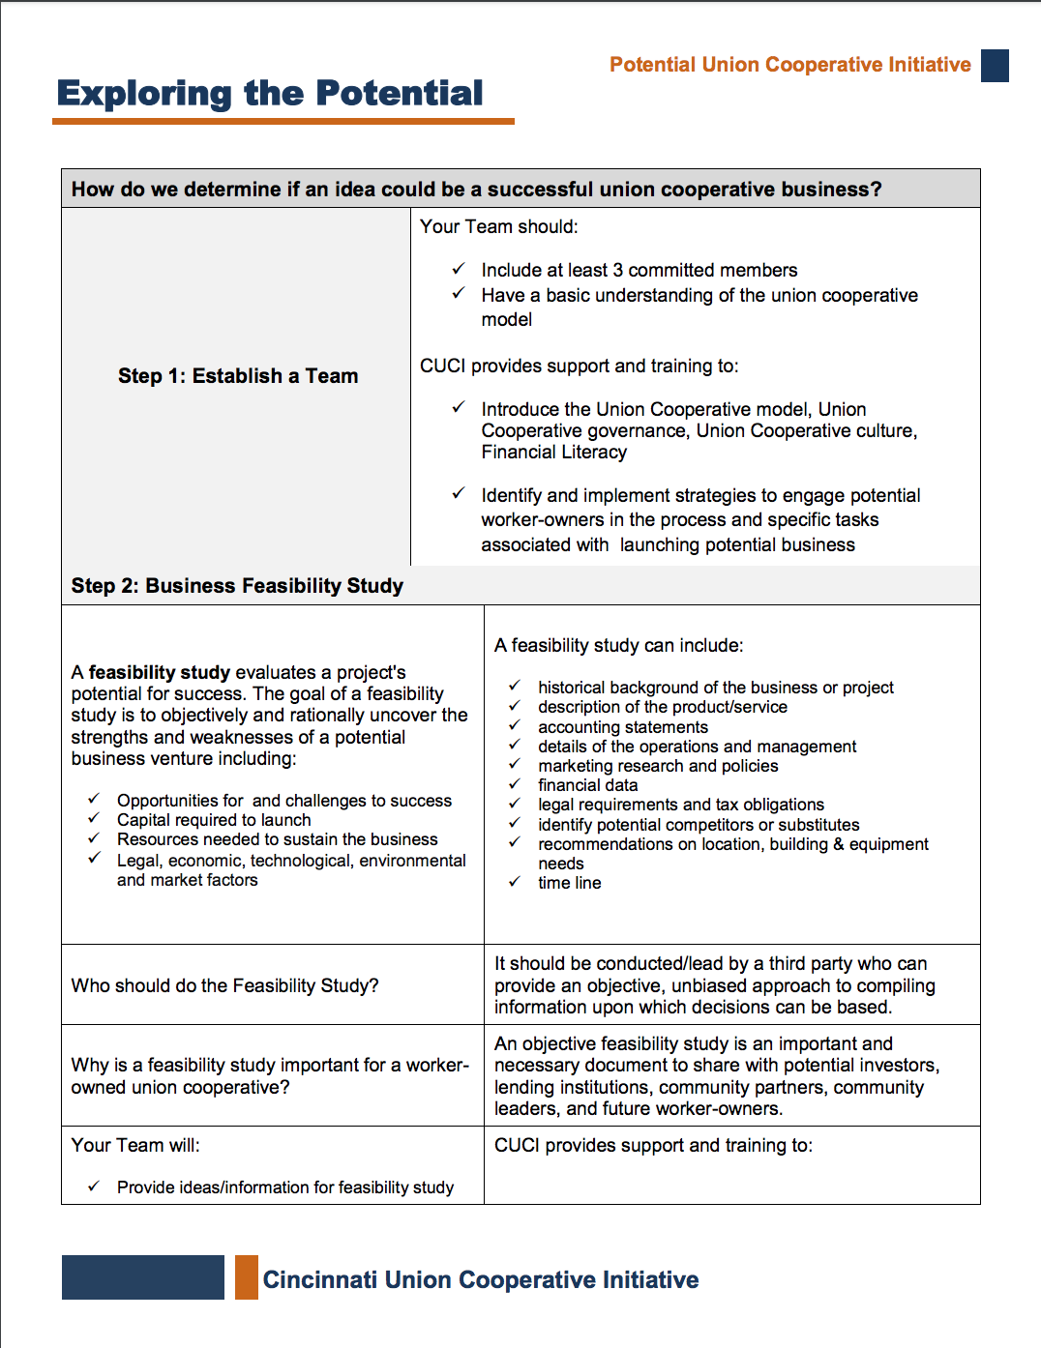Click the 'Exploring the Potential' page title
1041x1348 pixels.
[270, 94]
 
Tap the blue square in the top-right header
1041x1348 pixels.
[995, 66]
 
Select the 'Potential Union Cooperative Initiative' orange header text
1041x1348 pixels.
[789, 65]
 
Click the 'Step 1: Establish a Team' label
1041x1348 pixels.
[238, 376]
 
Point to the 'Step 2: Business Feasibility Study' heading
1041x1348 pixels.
[237, 586]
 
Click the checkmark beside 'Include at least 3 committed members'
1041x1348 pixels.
[459, 269]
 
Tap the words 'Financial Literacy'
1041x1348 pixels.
[553, 453]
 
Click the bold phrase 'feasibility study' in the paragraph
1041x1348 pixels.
[160, 672]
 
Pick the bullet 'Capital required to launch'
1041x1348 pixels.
[214, 820]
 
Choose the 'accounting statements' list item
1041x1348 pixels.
[623, 727]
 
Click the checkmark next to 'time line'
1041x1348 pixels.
[515, 882]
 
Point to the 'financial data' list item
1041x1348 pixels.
[588, 785]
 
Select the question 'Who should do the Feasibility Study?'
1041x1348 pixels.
[224, 985]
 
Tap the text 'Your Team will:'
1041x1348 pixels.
[135, 1145]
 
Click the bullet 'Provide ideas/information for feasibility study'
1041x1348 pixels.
[285, 1187]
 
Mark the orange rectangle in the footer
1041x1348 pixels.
[247, 1277]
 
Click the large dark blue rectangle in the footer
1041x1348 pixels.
[143, 1277]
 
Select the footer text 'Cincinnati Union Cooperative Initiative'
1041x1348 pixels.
[481, 1280]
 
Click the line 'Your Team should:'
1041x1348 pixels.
[498, 226]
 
